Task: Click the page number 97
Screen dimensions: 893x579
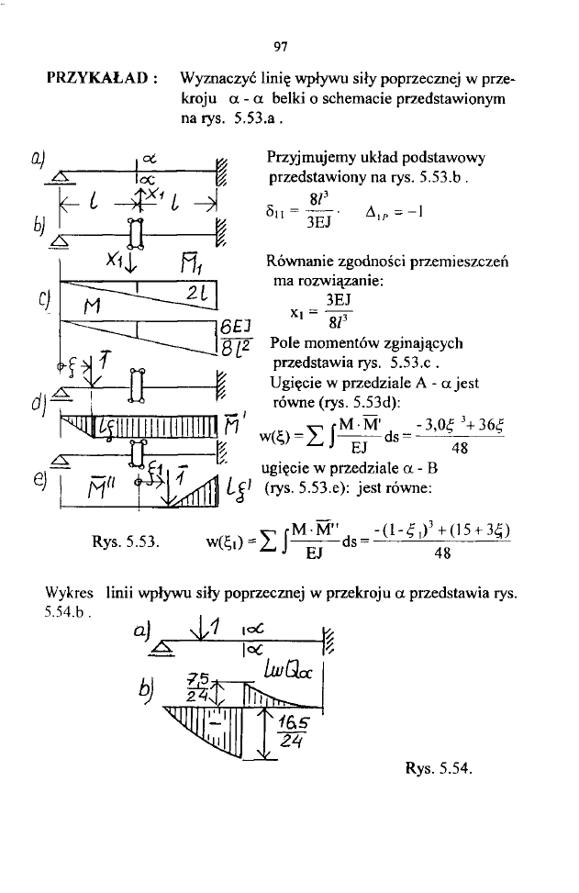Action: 281,44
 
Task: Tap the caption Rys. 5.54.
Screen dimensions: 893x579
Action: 438,768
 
